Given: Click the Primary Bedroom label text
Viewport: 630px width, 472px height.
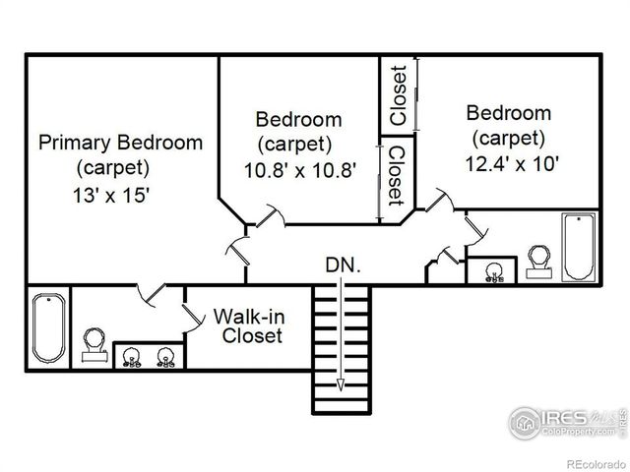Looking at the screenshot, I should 120,143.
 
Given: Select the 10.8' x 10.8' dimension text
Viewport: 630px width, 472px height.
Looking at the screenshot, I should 298,169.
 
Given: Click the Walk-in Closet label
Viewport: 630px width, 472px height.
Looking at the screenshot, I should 248,326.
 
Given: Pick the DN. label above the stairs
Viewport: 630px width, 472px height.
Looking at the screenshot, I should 344,265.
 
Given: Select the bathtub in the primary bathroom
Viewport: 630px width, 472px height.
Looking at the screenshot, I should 46,327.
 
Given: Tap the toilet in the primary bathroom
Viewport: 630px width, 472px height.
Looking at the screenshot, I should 95,345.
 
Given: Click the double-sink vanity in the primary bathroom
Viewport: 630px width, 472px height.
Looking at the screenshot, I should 148,355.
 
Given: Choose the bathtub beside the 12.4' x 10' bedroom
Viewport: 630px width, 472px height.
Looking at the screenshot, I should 579,246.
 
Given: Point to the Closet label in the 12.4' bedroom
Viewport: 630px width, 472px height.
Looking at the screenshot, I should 399,94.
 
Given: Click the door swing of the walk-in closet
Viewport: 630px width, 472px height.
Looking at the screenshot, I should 190,314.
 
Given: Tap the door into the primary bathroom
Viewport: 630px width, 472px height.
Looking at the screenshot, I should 151,293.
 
